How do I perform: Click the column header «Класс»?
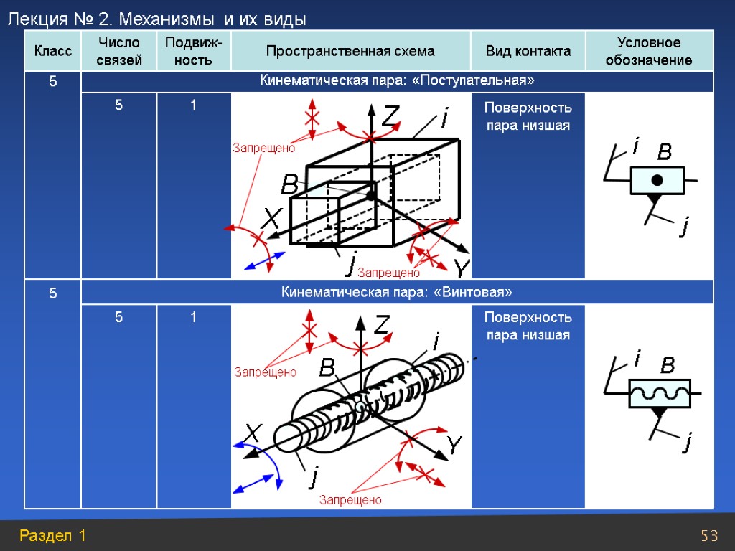click(x=52, y=51)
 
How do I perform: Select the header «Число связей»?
click(x=118, y=51)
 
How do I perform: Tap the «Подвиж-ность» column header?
click(x=193, y=51)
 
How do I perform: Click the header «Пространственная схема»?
click(x=350, y=51)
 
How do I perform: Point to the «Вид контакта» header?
click(x=528, y=51)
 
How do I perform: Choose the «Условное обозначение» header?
click(x=649, y=51)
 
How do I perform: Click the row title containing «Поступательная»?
click(x=396, y=80)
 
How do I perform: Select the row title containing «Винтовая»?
click(x=396, y=292)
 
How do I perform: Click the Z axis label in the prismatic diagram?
click(x=390, y=117)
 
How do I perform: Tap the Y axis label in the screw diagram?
click(x=455, y=445)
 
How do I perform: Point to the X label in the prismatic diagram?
click(x=270, y=219)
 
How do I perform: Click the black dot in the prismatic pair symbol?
click(x=657, y=179)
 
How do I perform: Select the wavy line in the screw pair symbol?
click(x=659, y=393)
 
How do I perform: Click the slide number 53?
click(x=709, y=535)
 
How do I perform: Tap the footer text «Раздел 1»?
click(x=53, y=535)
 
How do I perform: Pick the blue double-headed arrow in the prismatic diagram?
click(x=261, y=260)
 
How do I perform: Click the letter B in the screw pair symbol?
click(x=668, y=367)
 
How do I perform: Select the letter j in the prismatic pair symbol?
click(x=684, y=228)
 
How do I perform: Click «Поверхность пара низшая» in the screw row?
click(x=528, y=326)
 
